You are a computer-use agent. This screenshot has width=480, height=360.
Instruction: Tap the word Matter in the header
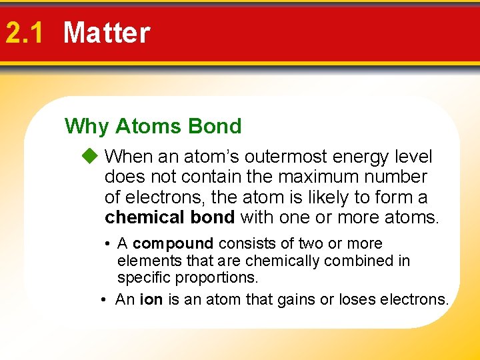pos(107,33)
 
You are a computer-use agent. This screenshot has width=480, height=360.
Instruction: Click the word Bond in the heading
pos(215,126)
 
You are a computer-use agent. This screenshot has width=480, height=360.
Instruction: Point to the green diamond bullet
pos(90,157)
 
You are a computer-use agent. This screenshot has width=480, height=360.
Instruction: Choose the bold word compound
pos(173,244)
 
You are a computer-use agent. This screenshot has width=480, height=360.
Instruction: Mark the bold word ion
pos(151,300)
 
